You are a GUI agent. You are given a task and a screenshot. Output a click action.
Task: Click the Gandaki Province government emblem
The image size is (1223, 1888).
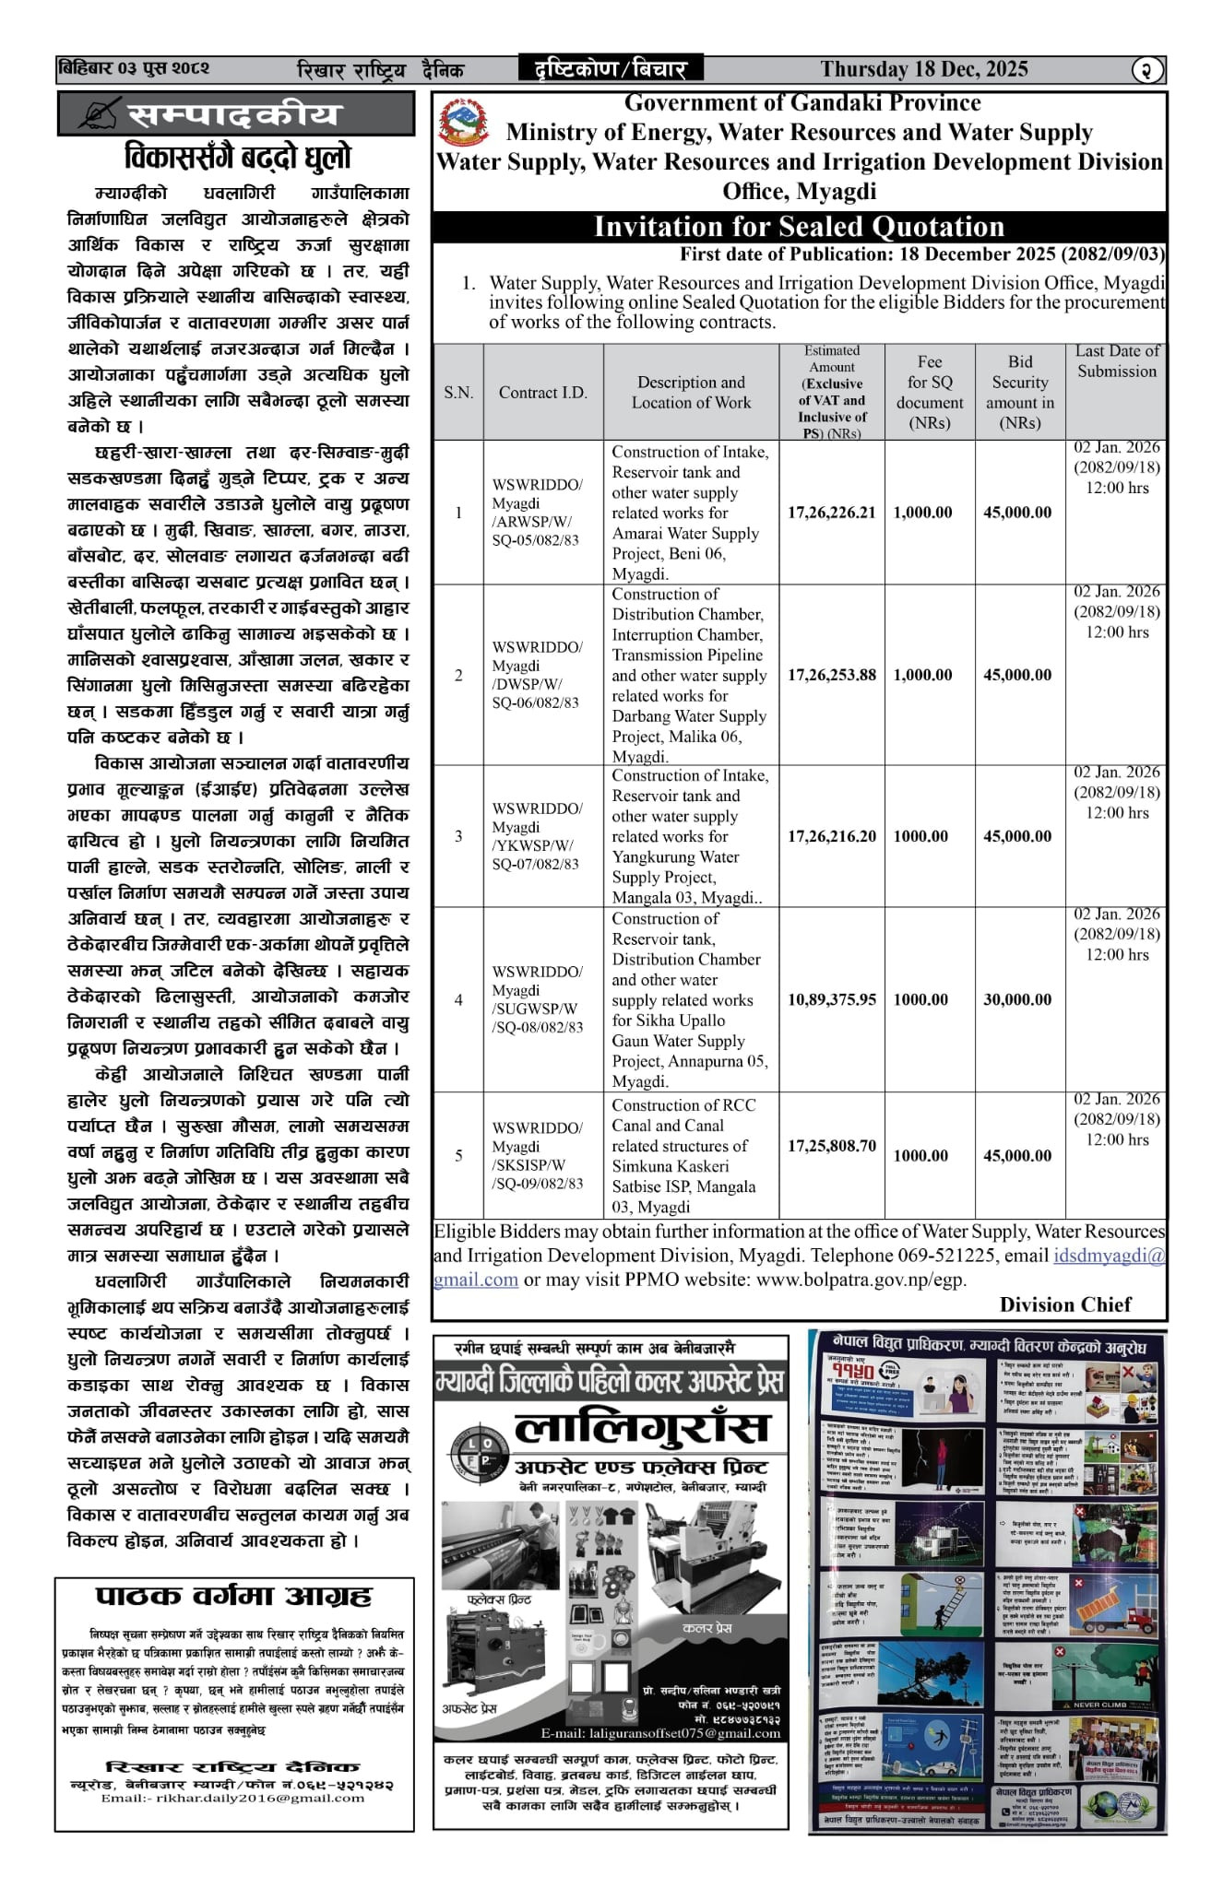coord(464,124)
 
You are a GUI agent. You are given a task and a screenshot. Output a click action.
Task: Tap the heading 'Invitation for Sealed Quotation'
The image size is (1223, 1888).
coord(799,227)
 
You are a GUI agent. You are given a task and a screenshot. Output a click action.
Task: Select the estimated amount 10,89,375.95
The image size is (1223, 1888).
coord(831,999)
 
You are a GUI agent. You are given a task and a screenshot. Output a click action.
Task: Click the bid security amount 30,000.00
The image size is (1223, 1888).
coord(1017,999)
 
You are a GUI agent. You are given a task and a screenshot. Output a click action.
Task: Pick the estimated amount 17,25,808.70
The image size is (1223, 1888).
coord(831,1146)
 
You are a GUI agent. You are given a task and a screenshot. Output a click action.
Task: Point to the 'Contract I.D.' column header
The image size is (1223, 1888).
coord(542,393)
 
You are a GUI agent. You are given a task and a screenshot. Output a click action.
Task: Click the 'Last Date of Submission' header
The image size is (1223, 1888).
coord(1117,361)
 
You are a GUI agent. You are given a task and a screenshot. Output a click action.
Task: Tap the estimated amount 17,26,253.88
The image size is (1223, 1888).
coord(831,675)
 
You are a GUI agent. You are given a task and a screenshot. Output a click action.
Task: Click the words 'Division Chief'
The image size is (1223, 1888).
coord(1065,1304)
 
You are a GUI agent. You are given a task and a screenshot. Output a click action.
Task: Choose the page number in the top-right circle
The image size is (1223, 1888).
coord(1147,70)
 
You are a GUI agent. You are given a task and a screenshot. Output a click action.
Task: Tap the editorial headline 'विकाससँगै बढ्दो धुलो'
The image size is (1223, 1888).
coord(237,158)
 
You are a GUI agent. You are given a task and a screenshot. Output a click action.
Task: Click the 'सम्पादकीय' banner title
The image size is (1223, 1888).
coord(234,115)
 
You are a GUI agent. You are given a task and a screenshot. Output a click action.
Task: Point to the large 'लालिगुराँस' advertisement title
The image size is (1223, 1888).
coord(641,1428)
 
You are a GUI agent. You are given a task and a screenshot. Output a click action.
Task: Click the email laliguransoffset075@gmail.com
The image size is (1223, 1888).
coord(660,1733)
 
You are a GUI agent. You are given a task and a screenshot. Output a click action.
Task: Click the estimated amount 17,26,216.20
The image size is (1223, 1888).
coord(831,836)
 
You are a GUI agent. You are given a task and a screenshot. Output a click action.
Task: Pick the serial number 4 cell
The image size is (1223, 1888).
coord(458,999)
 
